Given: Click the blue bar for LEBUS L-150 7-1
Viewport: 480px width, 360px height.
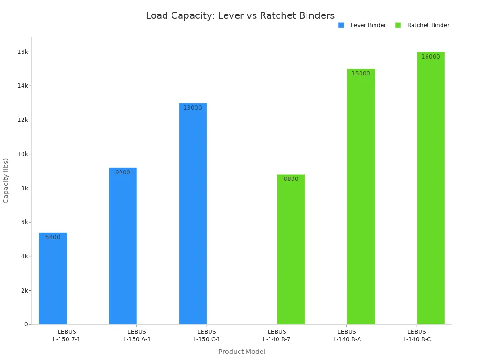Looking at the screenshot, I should click(x=52, y=278).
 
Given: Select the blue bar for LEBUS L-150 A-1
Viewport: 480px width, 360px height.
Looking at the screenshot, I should click(x=123, y=246).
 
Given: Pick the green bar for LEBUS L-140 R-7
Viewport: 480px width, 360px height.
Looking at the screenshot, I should click(x=291, y=249).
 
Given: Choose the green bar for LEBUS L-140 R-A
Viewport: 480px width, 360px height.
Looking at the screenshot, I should click(x=360, y=197).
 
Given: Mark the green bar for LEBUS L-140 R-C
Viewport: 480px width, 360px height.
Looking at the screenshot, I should click(x=430, y=188).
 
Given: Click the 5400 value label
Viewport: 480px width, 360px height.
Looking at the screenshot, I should click(x=52, y=237).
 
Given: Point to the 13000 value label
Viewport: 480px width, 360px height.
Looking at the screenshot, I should click(x=193, y=108).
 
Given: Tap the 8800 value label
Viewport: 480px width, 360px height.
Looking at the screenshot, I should click(x=291, y=179).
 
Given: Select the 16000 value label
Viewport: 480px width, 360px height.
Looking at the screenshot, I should click(x=430, y=57).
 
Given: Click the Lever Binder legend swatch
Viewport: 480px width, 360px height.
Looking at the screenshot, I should click(x=341, y=25).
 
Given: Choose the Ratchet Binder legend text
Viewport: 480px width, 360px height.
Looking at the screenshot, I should click(x=428, y=25).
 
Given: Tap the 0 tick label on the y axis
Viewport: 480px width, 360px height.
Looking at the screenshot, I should click(x=26, y=324).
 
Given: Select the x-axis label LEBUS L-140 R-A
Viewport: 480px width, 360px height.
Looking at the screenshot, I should click(x=347, y=336).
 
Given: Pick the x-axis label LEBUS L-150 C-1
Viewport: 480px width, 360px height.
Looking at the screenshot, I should click(x=207, y=336).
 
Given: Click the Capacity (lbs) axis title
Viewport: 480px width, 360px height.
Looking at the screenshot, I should click(x=6, y=180).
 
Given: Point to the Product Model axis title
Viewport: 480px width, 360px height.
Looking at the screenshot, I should click(x=242, y=352).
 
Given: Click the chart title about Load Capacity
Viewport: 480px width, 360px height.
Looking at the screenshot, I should click(x=240, y=15).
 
